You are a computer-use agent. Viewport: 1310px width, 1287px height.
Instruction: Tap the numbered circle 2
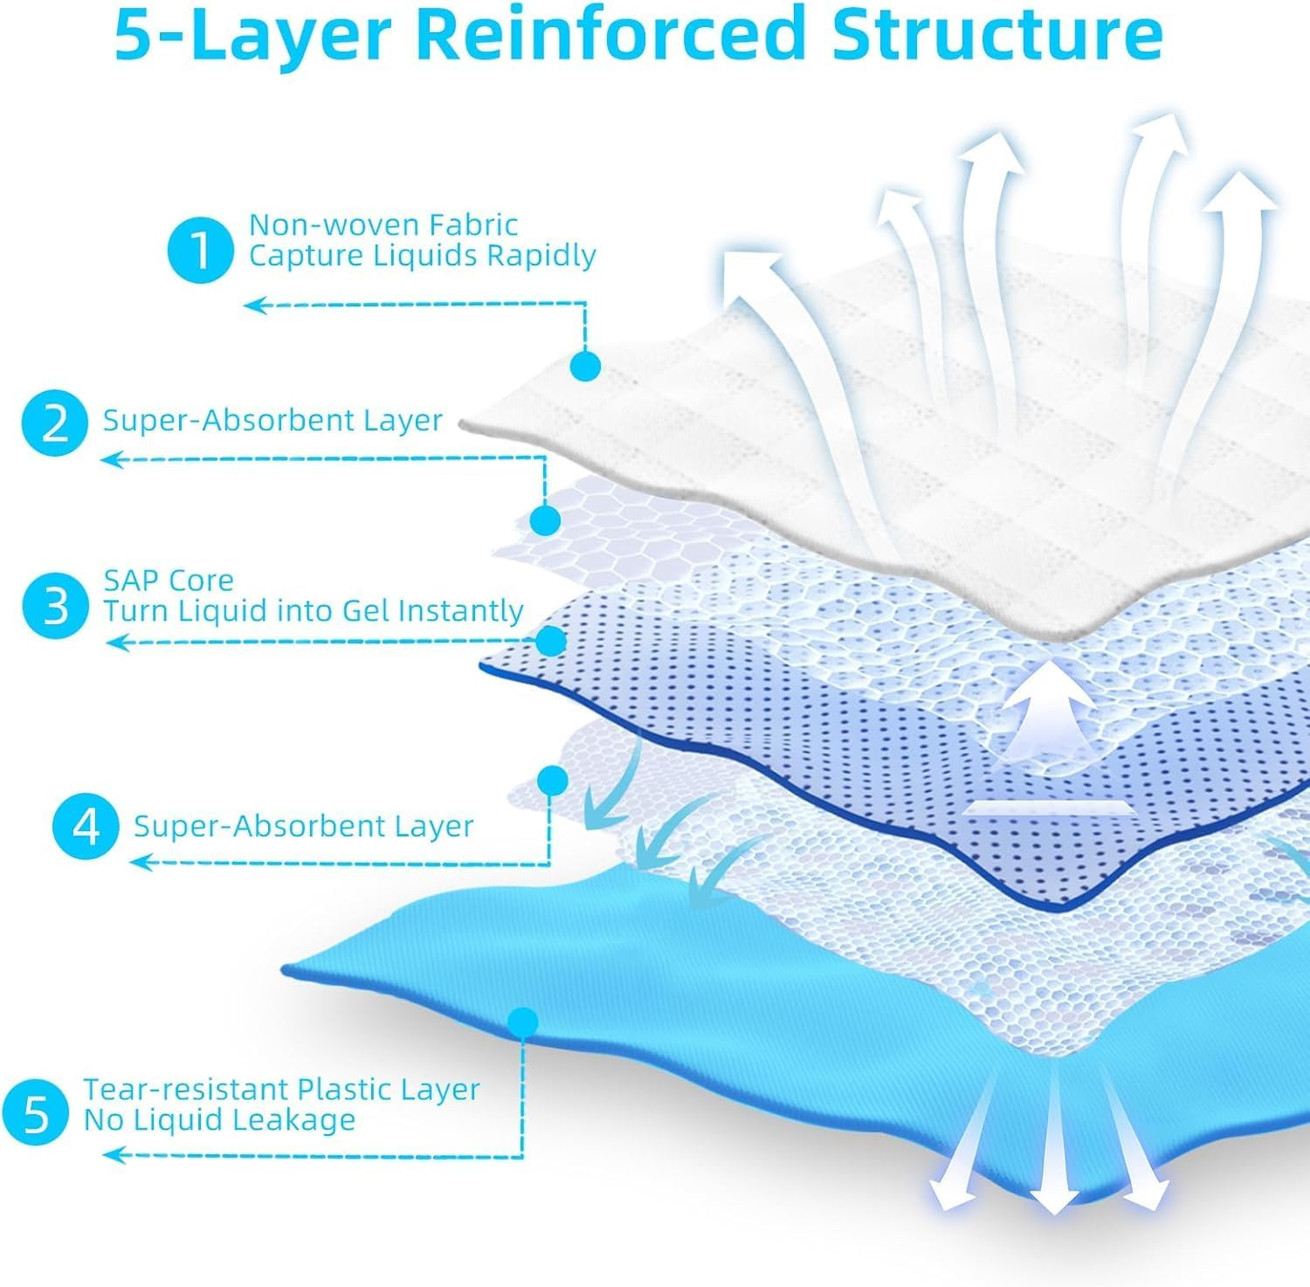click(x=55, y=423)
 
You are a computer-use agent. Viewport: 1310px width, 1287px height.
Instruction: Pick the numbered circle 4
click(x=86, y=827)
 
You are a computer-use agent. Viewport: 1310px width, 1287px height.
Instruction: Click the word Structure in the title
click(x=997, y=35)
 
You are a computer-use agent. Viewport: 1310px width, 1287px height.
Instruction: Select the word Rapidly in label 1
click(x=541, y=256)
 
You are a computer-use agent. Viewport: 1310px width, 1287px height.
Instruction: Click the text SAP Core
click(x=169, y=581)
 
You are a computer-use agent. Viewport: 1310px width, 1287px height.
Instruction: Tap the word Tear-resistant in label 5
click(x=186, y=1090)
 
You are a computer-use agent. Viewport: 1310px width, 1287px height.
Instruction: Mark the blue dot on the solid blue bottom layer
click(x=523, y=1021)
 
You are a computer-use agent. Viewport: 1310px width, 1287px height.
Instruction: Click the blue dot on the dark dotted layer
click(x=550, y=642)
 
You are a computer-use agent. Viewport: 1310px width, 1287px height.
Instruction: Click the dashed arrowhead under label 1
click(x=254, y=305)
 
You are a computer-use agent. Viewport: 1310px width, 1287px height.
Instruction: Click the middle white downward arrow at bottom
click(x=1054, y=1153)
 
